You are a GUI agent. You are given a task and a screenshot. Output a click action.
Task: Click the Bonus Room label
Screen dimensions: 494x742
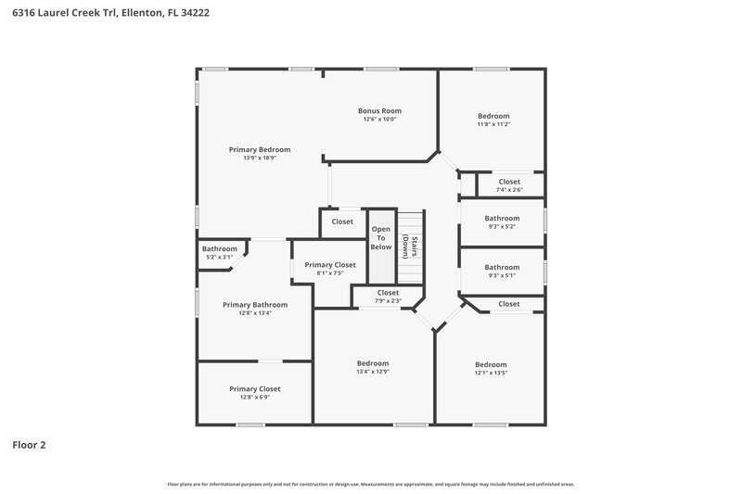379,110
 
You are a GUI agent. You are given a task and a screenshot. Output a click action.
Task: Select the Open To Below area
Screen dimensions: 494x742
381,237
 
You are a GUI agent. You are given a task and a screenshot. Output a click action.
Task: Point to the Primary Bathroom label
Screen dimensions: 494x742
255,304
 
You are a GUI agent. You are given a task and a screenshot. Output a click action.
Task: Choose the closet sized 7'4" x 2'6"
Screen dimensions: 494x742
509,185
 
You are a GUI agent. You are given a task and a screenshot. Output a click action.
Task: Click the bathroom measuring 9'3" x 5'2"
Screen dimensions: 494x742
502,222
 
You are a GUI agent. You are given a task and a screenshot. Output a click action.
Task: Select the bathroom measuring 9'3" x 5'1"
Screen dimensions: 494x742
502,271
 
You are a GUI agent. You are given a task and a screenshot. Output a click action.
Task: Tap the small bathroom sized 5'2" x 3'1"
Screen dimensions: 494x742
220,252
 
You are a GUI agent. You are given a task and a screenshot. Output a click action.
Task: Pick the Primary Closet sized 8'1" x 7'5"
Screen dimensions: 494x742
330,269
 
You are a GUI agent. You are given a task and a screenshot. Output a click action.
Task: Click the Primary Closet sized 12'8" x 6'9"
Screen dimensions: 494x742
254,393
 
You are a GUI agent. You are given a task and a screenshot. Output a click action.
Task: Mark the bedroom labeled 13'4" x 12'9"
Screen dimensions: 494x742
373,367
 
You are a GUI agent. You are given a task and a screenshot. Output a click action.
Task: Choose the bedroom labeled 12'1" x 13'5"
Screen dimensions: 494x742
491,368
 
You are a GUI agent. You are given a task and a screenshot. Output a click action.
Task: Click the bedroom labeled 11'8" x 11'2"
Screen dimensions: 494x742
493,120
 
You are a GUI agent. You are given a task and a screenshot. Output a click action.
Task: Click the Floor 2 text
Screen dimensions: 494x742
29,445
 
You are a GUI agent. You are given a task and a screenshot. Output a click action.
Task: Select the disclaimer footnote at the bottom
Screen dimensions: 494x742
370,484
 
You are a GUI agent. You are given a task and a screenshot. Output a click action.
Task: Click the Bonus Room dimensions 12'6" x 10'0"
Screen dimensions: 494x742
379,119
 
